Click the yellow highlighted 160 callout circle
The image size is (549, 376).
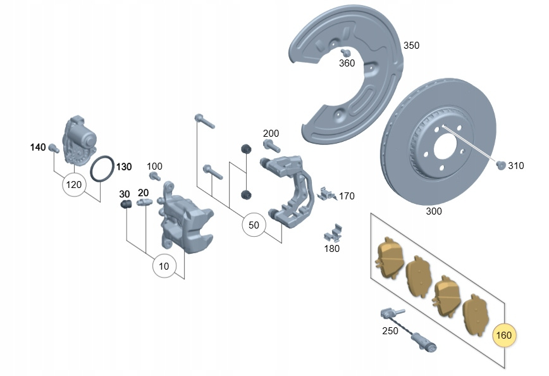504,335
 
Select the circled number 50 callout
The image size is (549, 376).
254,225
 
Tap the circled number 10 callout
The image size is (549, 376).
164,266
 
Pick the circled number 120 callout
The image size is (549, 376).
74,184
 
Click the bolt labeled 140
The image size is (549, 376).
54,148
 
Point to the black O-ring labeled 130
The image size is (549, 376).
102,169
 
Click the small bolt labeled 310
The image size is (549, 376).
501,165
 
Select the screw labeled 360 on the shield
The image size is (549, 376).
346,53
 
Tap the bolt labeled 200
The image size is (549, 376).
271,146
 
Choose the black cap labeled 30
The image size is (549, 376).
126,204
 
